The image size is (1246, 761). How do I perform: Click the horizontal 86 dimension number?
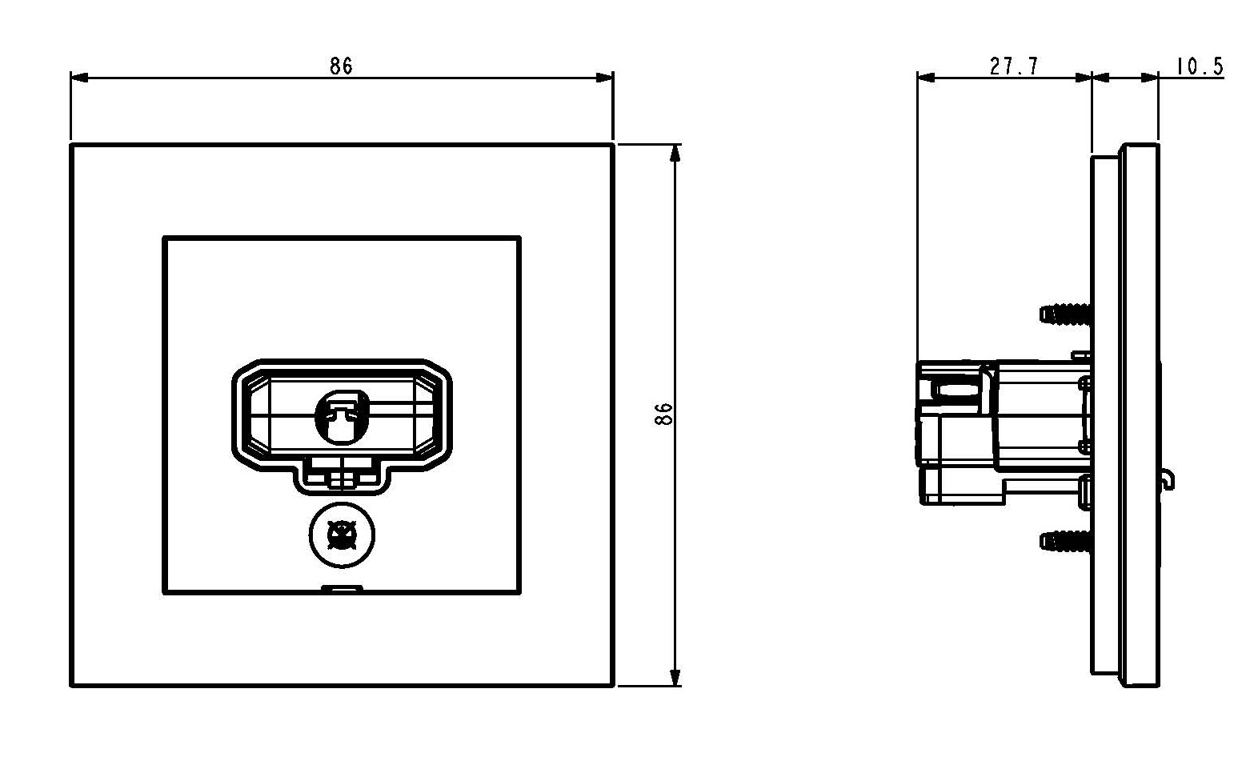coord(341,66)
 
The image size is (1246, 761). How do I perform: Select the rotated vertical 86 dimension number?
coord(663,414)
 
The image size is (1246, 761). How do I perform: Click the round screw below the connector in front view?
coord(342,535)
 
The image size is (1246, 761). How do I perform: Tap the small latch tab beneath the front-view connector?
coord(342,477)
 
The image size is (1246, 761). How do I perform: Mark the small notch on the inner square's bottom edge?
coord(342,590)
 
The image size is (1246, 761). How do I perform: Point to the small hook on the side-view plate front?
coord(1169,479)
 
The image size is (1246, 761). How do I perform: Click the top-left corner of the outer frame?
coord(72,146)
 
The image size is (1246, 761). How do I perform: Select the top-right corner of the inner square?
coord(519,238)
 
